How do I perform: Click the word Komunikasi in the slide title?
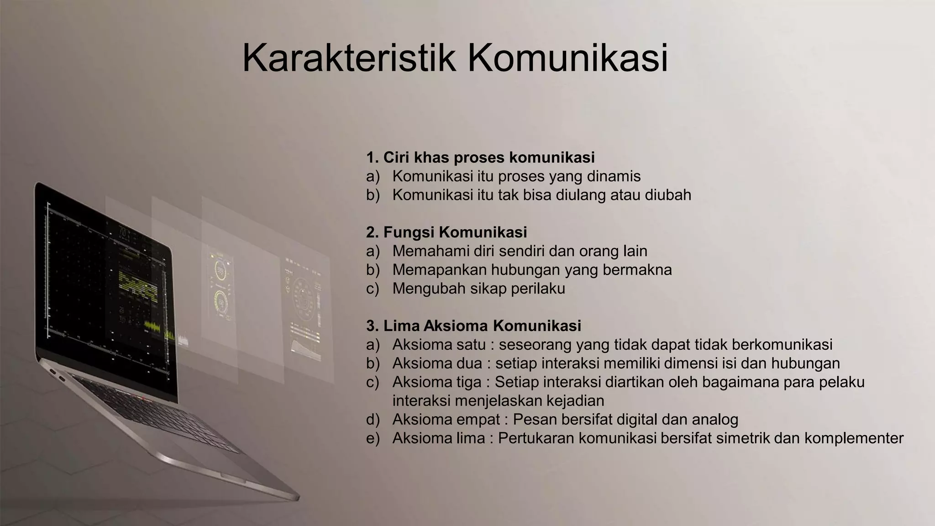[567, 58]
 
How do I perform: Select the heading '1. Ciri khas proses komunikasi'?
[480, 158]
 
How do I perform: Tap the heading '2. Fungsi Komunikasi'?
[446, 232]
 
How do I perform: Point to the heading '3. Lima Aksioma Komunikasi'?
[473, 326]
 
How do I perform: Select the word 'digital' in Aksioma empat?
[636, 420]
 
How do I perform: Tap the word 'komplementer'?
[854, 438]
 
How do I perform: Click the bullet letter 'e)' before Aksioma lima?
[373, 438]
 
